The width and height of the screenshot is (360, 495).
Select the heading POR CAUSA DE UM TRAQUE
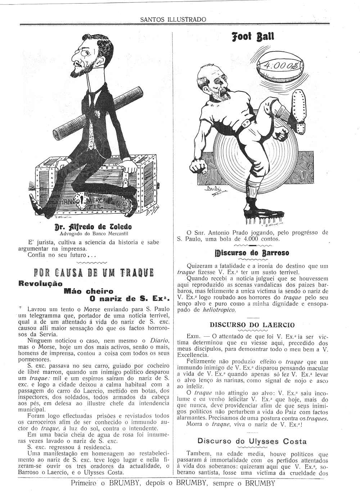pos(94,273)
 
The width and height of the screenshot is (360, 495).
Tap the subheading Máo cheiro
pos(88,291)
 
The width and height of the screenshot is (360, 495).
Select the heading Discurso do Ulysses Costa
pos(252,441)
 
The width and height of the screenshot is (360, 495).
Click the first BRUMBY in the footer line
pos(126,483)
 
